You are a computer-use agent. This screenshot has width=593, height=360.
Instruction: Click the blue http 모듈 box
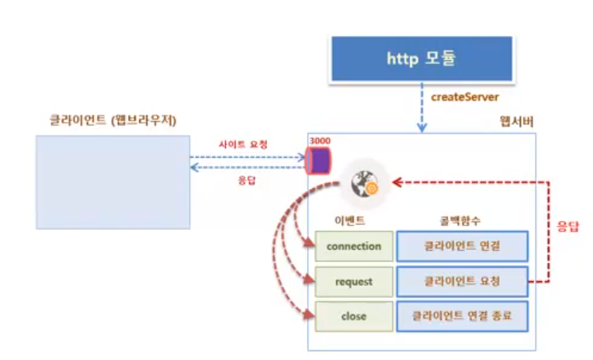point(421,58)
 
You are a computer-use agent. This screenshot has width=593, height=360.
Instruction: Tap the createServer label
point(464,96)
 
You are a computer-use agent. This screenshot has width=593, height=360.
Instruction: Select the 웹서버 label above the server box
point(516,122)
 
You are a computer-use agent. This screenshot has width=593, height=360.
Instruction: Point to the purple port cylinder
point(319,159)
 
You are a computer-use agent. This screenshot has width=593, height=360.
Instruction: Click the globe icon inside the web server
point(364,182)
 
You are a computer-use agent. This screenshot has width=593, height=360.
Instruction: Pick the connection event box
point(353,246)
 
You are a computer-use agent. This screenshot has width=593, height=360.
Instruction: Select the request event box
point(353,281)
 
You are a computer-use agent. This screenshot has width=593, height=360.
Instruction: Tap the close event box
point(353,316)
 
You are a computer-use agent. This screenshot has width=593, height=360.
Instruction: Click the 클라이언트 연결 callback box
point(462,246)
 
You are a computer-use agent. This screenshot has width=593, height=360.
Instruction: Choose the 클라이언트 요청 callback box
point(462,281)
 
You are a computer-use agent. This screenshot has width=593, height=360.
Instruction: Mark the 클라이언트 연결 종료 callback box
point(462,316)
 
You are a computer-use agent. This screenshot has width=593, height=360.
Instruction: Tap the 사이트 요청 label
point(243,145)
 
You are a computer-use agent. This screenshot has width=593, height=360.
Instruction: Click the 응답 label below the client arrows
point(248,180)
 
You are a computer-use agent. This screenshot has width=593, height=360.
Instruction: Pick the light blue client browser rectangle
point(112,182)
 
